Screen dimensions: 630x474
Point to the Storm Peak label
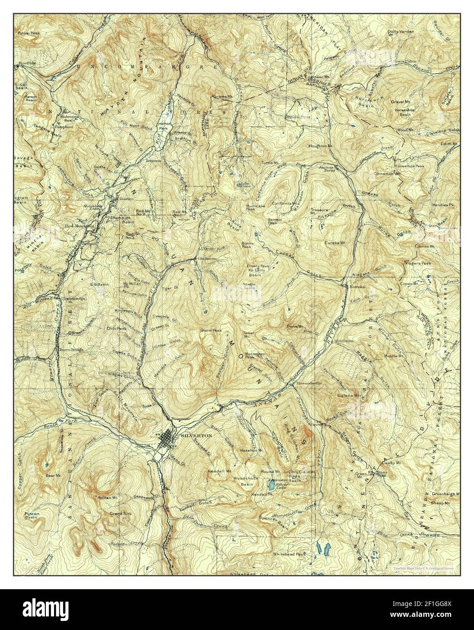[211, 330]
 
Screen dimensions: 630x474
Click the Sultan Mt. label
[105, 497]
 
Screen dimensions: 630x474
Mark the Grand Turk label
[117, 514]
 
